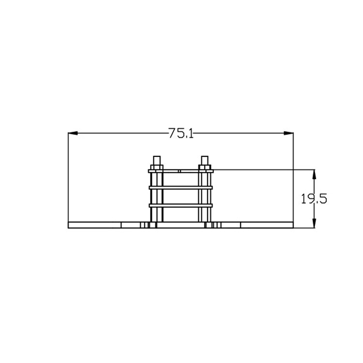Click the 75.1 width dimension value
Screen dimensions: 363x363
pyautogui.click(x=181, y=133)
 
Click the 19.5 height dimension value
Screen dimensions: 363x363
pyautogui.click(x=314, y=199)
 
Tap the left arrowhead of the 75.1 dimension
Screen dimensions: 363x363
pyautogui.click(x=73, y=133)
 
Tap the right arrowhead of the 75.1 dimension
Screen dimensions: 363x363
pyautogui.click(x=288, y=133)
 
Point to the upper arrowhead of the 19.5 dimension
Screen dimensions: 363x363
pyautogui.click(x=314, y=174)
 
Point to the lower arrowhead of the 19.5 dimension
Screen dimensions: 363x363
pyautogui.click(x=314, y=224)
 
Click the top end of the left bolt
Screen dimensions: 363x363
pyautogui.click(x=157, y=156)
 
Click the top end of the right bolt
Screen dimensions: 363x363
pyautogui.click(x=205, y=156)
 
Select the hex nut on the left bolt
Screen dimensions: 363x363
pyautogui.click(x=157, y=167)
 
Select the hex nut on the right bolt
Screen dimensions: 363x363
pyautogui.click(x=205, y=167)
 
